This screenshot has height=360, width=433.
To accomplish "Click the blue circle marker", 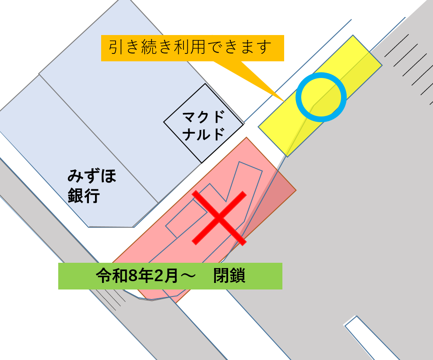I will coord(321,97).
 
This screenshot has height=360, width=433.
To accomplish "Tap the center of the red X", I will coord(219,218).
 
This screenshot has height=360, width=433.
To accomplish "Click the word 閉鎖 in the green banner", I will coord(229,276).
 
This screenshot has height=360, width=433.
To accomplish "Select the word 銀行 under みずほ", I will coord(84,196).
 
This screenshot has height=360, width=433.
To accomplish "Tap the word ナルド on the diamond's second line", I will coord(204,134).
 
